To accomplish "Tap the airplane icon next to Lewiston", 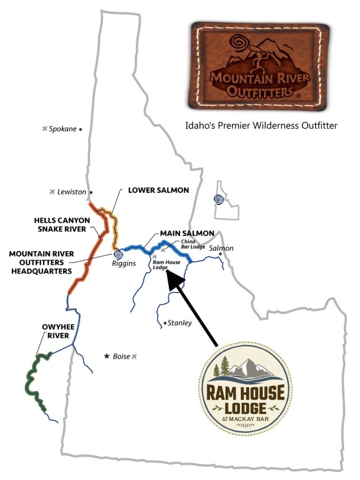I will [52, 192].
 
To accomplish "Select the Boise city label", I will [121, 357].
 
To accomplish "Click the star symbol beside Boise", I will [107, 357].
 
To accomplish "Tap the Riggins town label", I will [124, 263].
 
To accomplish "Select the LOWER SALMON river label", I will [158, 190].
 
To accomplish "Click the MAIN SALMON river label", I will [187, 233].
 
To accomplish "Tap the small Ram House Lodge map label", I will [164, 265].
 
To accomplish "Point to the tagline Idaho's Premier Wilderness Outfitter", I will [261, 126].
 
